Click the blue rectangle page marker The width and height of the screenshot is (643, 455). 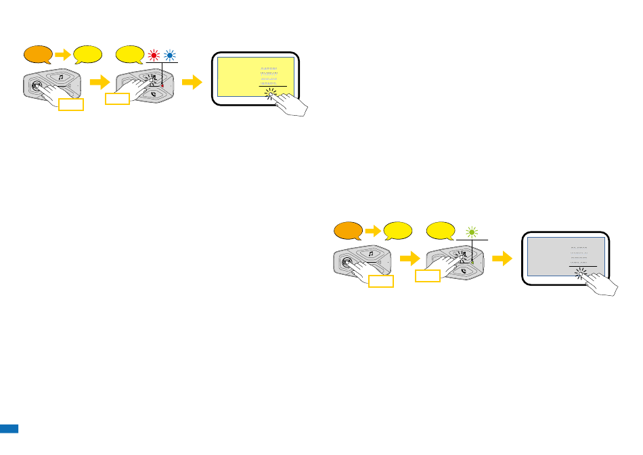coord(9,429)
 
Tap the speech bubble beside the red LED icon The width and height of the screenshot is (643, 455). coord(129,53)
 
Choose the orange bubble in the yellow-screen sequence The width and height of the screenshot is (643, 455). coord(37,53)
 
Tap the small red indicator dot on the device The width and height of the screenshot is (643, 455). coord(163,85)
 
